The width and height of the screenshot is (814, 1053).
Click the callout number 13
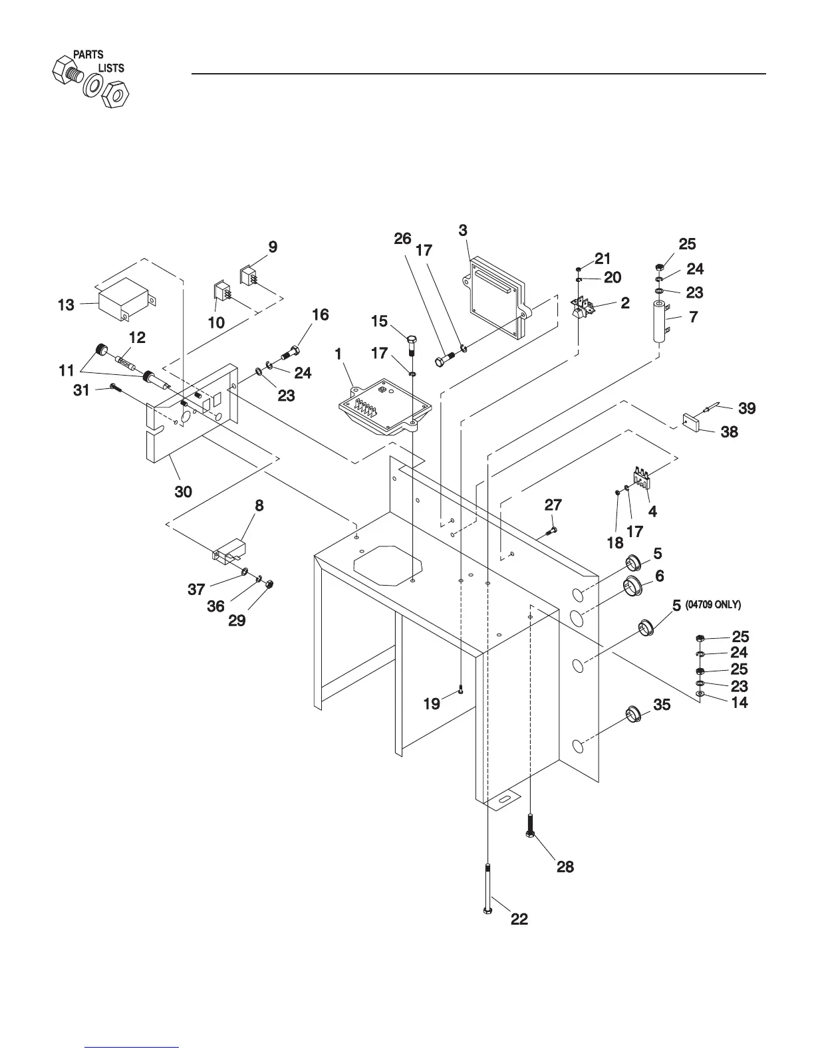tap(66, 305)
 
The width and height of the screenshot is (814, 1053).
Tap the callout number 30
tap(183, 492)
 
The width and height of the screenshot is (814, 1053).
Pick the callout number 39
tap(747, 408)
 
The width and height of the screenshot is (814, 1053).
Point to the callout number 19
tap(432, 703)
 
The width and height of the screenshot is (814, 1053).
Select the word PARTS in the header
tap(88, 55)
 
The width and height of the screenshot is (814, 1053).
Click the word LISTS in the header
tap(111, 68)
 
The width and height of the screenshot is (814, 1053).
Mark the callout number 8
tap(259, 506)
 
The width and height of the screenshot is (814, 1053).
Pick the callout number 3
tap(463, 230)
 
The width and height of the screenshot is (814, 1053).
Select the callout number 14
tap(740, 702)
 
